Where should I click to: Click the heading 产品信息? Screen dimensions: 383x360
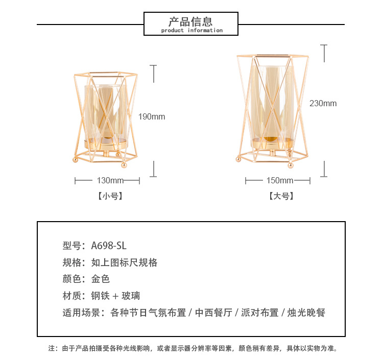click(x=190, y=21)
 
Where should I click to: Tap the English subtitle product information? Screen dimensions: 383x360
click(x=192, y=31)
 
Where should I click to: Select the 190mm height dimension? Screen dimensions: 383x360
click(x=152, y=116)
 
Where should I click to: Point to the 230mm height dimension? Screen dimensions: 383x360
click(x=323, y=103)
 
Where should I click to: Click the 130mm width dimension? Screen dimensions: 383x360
click(x=110, y=180)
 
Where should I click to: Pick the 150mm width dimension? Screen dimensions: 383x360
click(x=280, y=180)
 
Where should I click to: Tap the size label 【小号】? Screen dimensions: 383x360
click(x=110, y=196)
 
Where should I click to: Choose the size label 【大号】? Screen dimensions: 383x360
click(x=281, y=196)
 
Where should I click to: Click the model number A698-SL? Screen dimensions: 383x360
click(x=109, y=246)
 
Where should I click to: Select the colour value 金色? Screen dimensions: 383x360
click(x=101, y=279)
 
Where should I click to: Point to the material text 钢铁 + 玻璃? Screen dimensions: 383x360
click(x=115, y=296)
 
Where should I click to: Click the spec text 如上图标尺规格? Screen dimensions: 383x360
click(x=124, y=262)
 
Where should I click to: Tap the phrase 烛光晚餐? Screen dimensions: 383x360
click(x=306, y=313)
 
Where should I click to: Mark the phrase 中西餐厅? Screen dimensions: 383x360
click(x=213, y=313)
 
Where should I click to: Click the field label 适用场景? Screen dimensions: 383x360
click(x=81, y=313)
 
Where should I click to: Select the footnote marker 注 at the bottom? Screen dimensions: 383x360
click(x=51, y=348)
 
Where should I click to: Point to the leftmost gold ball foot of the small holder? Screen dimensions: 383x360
click(x=76, y=160)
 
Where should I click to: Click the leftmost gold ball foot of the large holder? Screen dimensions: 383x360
click(x=238, y=159)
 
